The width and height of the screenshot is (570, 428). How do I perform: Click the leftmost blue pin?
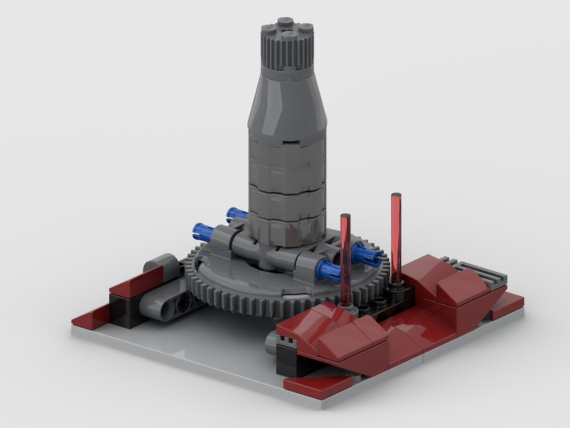pyautogui.click(x=202, y=231)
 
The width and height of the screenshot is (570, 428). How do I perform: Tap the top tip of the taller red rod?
pyautogui.click(x=396, y=196)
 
